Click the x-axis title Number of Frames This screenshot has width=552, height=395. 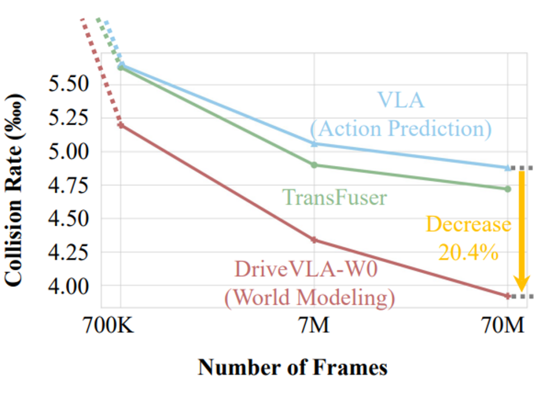292,367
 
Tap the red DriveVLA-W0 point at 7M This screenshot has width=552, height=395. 314,240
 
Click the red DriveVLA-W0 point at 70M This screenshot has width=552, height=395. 508,295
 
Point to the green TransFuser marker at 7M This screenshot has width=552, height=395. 314,165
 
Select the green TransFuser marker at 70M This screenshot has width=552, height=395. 508,189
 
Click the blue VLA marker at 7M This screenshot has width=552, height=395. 314,144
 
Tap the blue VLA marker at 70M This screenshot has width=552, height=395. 508,168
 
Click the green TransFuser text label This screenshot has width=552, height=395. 334,197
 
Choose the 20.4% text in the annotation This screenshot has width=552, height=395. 468,252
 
